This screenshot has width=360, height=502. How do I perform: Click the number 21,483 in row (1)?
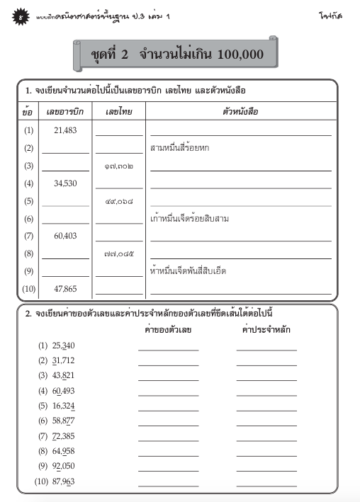65,130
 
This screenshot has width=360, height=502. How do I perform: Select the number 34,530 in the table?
65,183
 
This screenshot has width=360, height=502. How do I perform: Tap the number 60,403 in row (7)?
65,236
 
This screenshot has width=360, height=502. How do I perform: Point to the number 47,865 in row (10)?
65,289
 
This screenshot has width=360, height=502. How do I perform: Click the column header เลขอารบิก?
64,112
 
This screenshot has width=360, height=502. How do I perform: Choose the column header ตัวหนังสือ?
240,112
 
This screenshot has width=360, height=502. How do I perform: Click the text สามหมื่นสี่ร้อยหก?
180,148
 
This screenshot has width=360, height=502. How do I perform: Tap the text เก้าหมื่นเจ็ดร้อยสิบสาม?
189,219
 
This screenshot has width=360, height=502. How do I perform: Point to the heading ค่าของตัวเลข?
168,330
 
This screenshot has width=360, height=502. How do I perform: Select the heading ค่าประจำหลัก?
266,330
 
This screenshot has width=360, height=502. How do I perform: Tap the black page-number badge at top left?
21,15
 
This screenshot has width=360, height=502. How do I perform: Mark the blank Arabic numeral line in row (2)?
65,152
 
